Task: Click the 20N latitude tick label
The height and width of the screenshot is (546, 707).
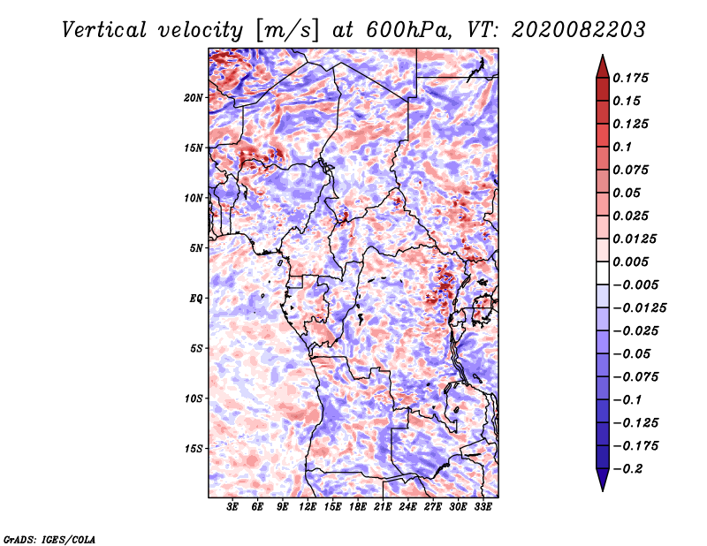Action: point(194,97)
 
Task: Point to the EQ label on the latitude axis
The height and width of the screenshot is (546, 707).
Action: point(195,299)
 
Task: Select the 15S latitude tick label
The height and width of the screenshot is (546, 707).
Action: point(194,449)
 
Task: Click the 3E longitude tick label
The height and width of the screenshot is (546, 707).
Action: point(233,507)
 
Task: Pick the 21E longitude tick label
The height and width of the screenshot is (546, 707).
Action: point(383,507)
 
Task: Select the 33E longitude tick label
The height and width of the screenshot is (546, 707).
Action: point(483,507)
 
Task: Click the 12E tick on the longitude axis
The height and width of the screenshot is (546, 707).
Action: point(308,507)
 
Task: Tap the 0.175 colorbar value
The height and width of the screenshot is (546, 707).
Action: point(634,78)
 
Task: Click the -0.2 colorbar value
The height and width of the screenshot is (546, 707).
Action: point(634,468)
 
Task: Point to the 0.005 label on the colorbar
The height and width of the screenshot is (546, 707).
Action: point(634,262)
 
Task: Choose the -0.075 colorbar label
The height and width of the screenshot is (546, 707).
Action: point(637,376)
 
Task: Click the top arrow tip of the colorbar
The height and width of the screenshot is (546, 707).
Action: point(602,57)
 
